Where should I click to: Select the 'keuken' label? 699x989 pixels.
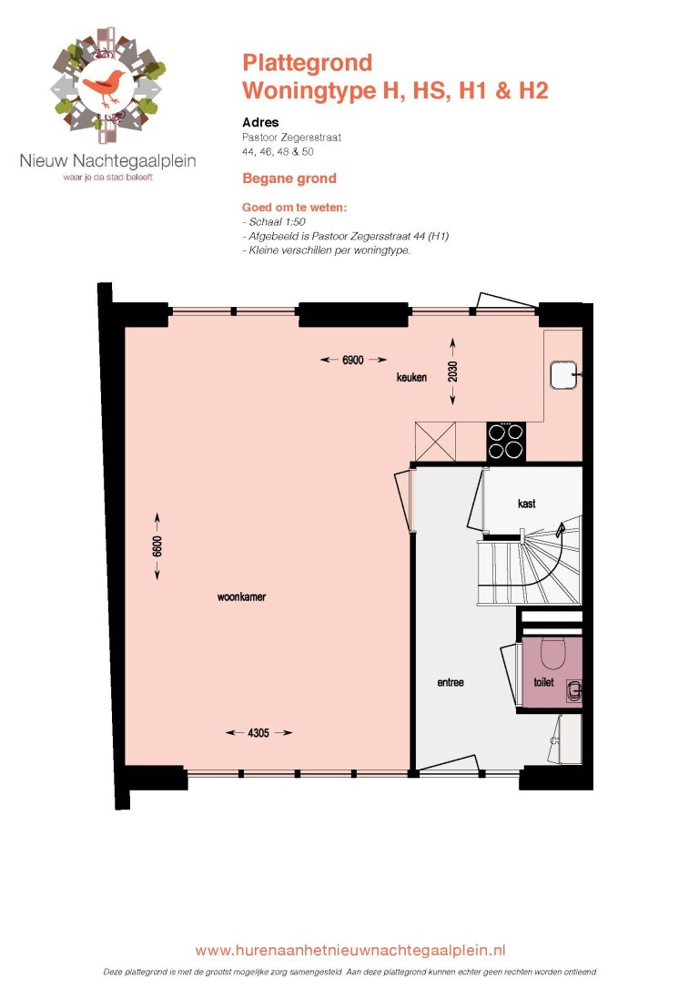(x=411, y=378)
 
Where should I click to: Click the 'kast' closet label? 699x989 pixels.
(x=525, y=503)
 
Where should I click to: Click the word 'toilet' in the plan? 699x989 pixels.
(x=543, y=681)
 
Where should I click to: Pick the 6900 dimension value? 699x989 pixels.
(x=353, y=361)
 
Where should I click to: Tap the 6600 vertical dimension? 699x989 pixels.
(x=157, y=546)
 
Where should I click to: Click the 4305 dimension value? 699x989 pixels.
(x=258, y=732)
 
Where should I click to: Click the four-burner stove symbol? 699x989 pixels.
(x=506, y=441)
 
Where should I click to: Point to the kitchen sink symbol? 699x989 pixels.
(x=563, y=373)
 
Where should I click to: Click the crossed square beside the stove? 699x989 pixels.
(x=435, y=442)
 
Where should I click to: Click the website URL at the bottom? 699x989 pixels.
(x=350, y=950)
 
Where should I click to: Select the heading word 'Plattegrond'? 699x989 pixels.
(x=307, y=63)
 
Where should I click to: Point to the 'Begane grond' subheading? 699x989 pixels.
(x=289, y=178)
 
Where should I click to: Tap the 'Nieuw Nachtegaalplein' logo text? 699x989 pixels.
(x=108, y=161)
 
